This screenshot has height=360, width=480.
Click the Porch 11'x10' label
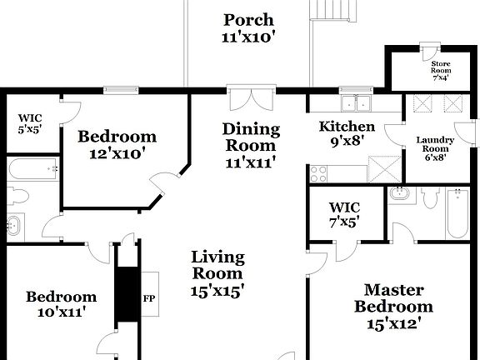[248, 28]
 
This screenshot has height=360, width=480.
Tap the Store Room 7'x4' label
[441, 71]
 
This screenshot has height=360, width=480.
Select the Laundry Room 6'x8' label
[436, 148]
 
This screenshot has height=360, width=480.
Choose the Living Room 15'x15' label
[217, 273]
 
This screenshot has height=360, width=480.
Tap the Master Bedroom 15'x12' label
[393, 306]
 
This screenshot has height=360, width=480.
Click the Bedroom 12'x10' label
[117, 144]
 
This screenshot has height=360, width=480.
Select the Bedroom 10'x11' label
[60, 304]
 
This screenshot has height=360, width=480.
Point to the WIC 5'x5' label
[30, 123]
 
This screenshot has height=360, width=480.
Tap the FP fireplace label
[149, 298]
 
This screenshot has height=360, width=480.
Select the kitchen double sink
[356, 104]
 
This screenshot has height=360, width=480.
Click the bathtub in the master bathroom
[457, 213]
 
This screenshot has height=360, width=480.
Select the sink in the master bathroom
[399, 193]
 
